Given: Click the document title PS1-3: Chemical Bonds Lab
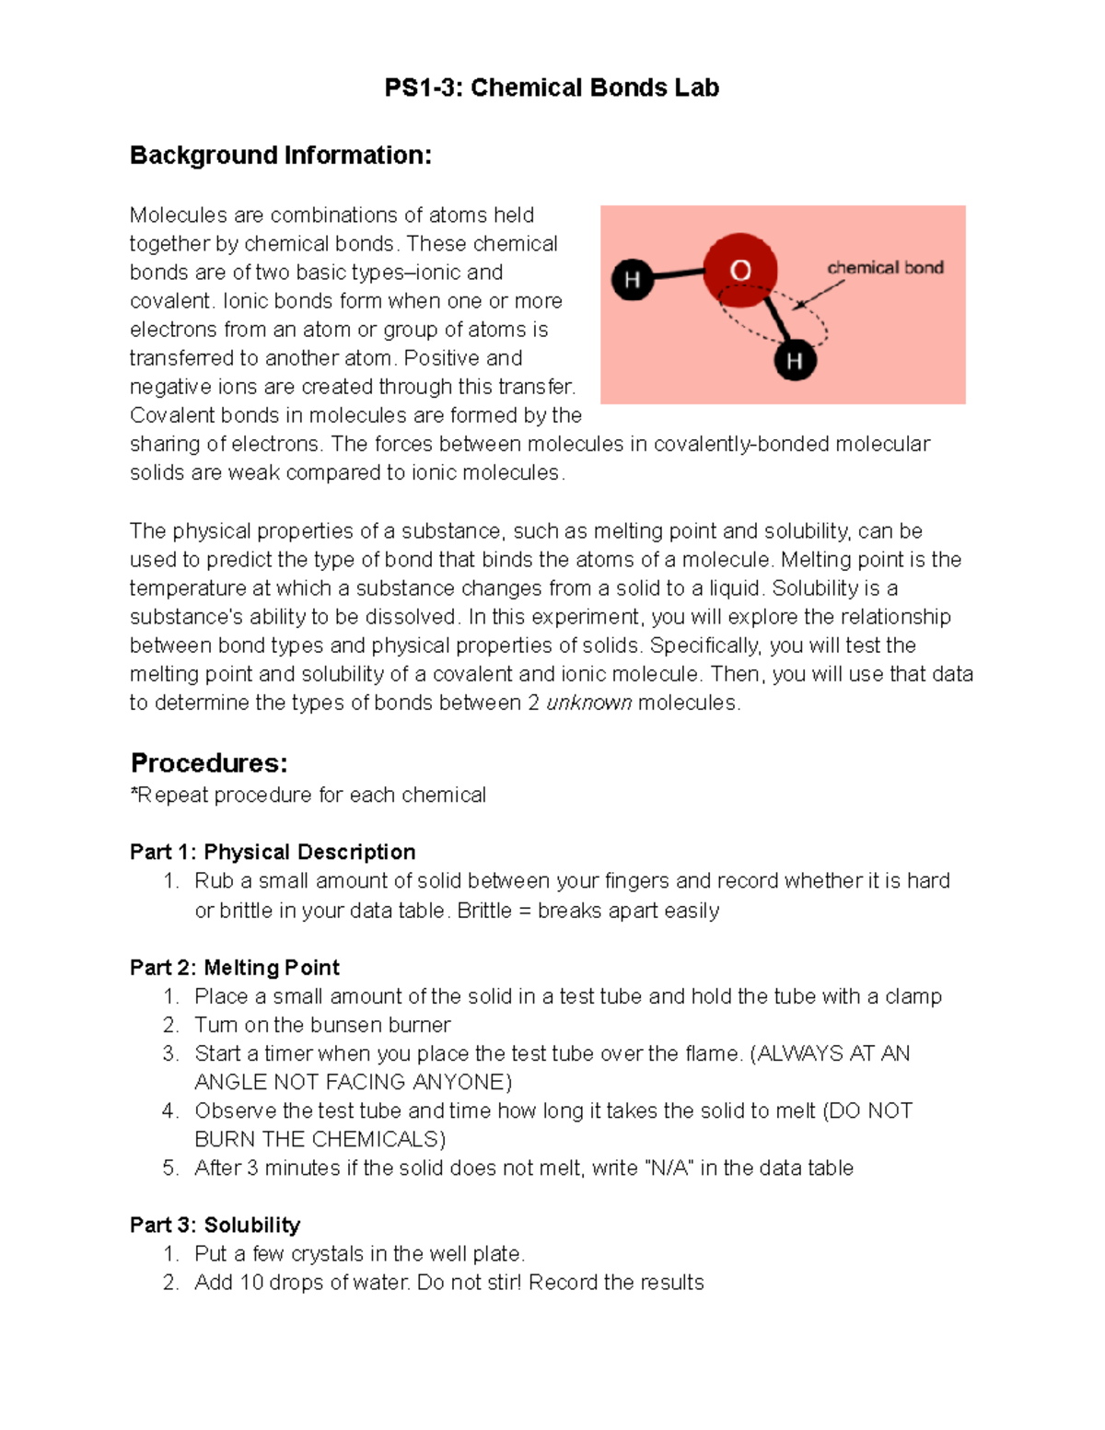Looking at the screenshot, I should coord(552,87).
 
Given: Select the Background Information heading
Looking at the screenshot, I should coord(280,155).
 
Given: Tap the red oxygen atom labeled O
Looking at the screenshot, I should coord(740,270).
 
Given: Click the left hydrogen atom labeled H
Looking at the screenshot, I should coord(633,279).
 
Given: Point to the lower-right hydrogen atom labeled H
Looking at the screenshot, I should coord(794,359).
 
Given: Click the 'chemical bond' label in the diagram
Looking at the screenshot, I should coord(885,268).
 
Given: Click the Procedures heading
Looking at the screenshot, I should coord(209,762).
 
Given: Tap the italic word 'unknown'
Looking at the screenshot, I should coord(588,703).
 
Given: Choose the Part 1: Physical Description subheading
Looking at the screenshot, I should coord(273,852).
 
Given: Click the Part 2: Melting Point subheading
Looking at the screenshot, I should coord(235,968).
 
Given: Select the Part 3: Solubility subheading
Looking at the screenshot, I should coord(215,1225).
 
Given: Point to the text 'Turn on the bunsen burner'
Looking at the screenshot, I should coord(322,1025).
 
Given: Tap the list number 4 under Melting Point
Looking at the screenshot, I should coord(169,1110).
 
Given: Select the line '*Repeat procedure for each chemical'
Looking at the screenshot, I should coord(308,795).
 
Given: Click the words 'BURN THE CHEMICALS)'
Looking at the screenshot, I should coord(320,1139).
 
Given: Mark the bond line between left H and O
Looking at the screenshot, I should coord(678,273).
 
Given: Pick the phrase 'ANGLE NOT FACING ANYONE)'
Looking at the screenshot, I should coord(353,1082).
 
